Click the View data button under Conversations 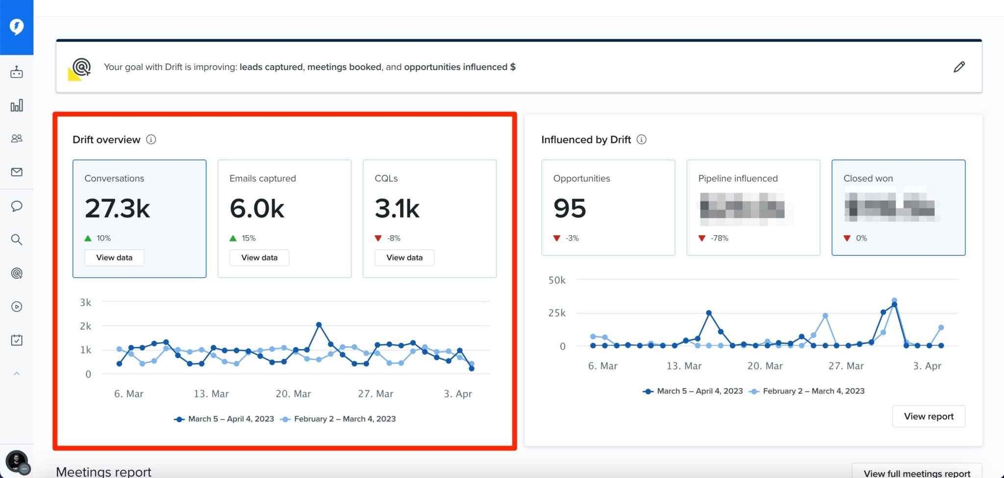[x=114, y=258]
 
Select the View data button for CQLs [x=404, y=258]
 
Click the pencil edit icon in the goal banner [x=959, y=67]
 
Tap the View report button [x=929, y=416]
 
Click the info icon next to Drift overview [x=151, y=140]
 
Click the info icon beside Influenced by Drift [x=641, y=140]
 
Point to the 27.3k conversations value [x=118, y=209]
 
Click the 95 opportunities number [x=570, y=209]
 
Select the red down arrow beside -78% [x=702, y=239]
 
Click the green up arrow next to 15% [x=233, y=239]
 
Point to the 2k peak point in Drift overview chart [x=319, y=325]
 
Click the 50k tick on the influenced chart [x=557, y=280]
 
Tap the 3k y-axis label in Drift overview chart [x=86, y=303]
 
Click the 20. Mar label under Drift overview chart [x=293, y=394]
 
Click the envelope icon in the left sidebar [x=17, y=172]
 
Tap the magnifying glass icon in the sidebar [x=17, y=239]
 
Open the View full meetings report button [x=917, y=473]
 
